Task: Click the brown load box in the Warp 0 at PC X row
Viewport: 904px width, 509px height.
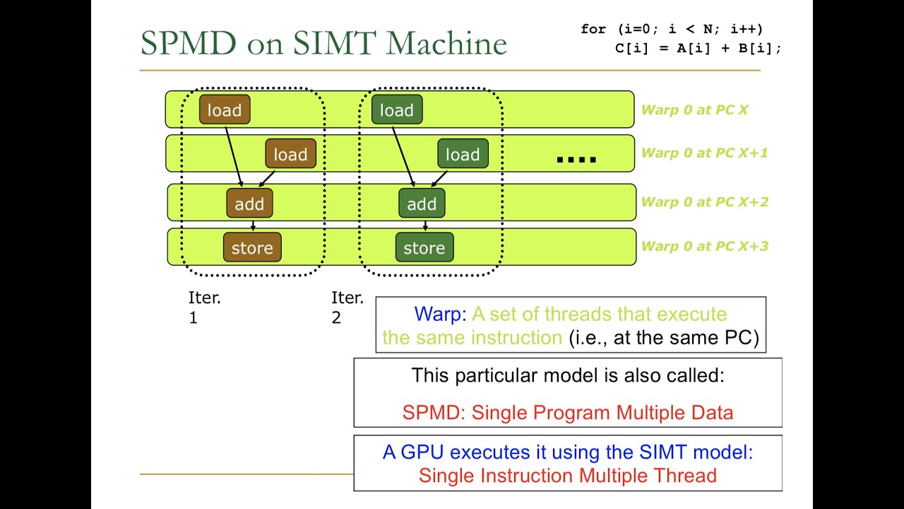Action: pos(225,110)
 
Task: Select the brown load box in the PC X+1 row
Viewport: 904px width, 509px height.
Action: pos(290,153)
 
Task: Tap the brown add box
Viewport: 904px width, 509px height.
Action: pos(249,203)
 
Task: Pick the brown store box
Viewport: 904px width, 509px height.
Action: pos(252,247)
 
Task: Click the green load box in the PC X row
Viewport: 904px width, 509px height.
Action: pos(397,110)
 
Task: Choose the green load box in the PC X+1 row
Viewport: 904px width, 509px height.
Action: pos(463,153)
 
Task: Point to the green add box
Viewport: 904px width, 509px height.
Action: pos(422,203)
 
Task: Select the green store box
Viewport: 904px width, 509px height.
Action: pos(424,247)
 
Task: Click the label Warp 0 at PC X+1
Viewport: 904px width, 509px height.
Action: pos(704,153)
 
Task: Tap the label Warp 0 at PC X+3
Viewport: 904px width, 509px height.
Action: pos(705,246)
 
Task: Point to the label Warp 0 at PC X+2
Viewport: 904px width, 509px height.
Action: pos(705,201)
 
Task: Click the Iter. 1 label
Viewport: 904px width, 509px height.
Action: pos(205,308)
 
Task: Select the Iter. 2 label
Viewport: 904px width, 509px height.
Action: pos(347,308)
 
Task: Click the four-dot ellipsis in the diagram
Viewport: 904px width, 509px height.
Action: pos(576,160)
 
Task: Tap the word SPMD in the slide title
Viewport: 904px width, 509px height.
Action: pos(189,43)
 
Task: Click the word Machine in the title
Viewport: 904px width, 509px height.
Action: pos(446,43)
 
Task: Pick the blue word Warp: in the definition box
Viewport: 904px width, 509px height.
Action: pos(440,314)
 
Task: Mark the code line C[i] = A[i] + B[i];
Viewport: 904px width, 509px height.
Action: pos(698,49)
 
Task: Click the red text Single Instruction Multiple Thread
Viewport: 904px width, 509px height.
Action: pos(567,476)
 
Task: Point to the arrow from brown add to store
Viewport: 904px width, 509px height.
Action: pos(253,226)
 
